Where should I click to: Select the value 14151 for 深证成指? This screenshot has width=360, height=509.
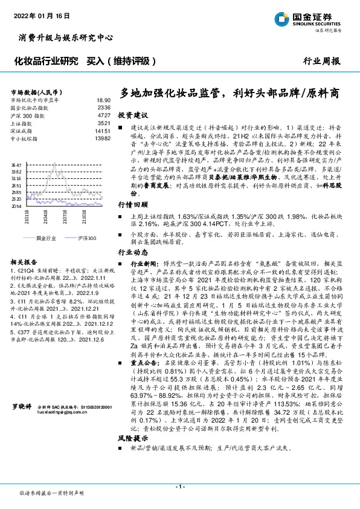pos(102,130)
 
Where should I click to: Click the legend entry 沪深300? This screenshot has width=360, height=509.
pos(86,239)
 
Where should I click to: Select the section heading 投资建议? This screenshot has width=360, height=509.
pos(132,114)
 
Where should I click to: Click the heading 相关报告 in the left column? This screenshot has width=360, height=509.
pos(24,262)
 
